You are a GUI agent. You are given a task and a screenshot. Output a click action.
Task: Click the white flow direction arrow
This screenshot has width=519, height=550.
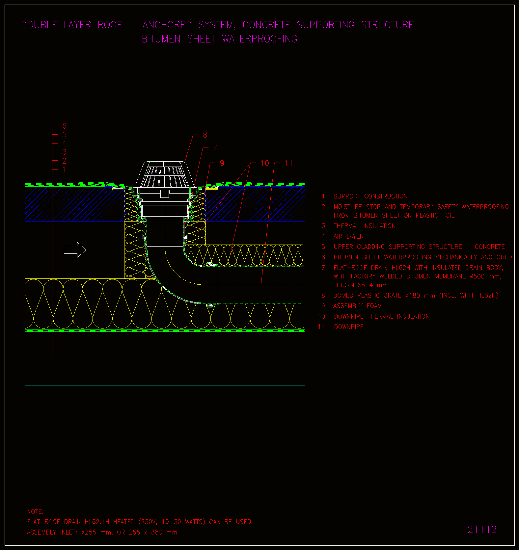[75, 250]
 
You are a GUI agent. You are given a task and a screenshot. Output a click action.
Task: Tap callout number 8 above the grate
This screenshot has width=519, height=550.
[205, 135]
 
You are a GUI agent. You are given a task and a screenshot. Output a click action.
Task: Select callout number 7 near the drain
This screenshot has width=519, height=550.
[215, 147]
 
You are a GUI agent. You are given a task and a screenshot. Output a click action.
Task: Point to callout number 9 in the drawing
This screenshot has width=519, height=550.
[222, 163]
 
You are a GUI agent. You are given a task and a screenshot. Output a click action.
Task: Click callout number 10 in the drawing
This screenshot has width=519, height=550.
[265, 163]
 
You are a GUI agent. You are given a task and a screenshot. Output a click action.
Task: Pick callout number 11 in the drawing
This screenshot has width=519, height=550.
[289, 163]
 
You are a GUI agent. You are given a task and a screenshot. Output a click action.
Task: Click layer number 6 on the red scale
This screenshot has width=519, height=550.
[64, 126]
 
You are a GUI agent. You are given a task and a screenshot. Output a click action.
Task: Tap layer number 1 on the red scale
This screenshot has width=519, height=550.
[64, 170]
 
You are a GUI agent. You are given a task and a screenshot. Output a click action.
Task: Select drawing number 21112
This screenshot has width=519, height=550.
[482, 529]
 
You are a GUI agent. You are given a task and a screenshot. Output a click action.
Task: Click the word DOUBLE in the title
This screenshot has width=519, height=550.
[39, 25]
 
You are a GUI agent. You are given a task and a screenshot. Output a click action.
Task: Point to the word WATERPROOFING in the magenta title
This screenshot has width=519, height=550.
[260, 39]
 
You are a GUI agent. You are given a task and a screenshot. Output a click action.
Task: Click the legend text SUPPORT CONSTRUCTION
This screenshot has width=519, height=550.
[370, 196]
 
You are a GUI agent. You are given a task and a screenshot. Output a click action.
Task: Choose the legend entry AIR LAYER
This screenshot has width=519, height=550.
[349, 237]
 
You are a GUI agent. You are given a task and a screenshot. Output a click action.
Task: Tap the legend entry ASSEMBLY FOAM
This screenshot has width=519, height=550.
[358, 306]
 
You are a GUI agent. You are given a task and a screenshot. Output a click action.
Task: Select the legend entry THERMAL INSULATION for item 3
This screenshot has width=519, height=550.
[365, 226]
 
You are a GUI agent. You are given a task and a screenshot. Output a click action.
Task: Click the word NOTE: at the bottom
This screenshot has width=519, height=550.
[35, 512]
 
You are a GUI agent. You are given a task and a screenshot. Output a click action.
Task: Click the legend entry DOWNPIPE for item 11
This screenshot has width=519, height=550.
[349, 327]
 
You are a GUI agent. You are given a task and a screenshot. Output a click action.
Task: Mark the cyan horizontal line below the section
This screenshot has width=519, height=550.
[165, 385]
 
